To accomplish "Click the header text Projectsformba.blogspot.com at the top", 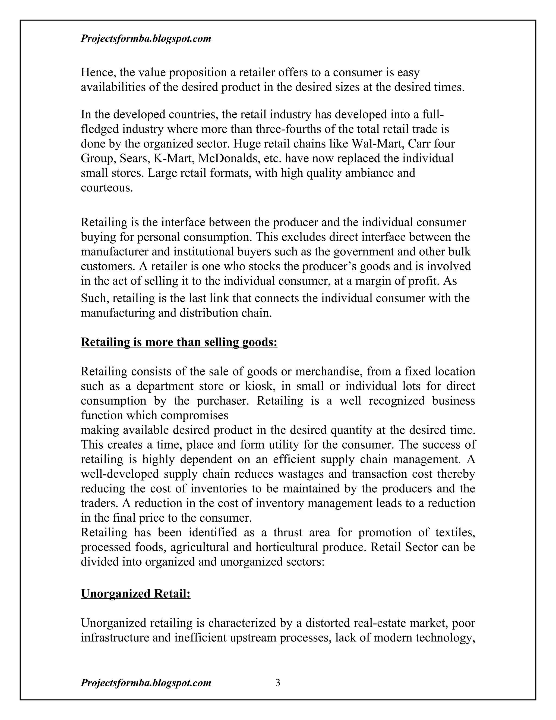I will [x=146, y=39].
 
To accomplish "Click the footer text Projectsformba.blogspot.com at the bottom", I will [x=146, y=683].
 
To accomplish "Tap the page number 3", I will [x=278, y=683].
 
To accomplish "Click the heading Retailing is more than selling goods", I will [x=179, y=342].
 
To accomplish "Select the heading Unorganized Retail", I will [x=135, y=593].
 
